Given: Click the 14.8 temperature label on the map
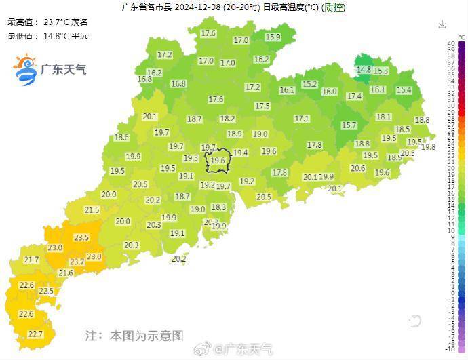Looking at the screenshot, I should (x=364, y=70).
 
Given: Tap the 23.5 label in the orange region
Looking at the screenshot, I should (x=81, y=237).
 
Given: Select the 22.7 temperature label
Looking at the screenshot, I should (x=35, y=334).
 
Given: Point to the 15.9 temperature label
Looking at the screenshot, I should (x=273, y=37).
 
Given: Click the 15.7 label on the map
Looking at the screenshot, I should (x=349, y=125).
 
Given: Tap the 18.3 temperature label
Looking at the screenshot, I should (x=218, y=207).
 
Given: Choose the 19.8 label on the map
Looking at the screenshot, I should (x=428, y=147).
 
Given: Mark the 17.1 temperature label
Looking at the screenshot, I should (x=302, y=119).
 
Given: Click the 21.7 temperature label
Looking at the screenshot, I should (x=31, y=260).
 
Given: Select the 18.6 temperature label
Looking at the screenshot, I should (x=121, y=138).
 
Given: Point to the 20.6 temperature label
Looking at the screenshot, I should (x=357, y=169).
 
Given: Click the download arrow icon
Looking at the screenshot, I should (x=442, y=24).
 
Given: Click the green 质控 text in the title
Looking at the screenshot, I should (x=332, y=8).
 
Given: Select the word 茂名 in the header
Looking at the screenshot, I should (x=79, y=22).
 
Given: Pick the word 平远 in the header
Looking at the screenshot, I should (x=79, y=36).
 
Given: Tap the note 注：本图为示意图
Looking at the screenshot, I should (x=134, y=336).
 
